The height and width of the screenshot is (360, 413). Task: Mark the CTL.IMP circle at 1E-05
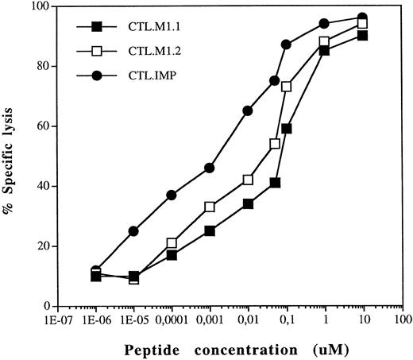(x=133, y=230)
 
